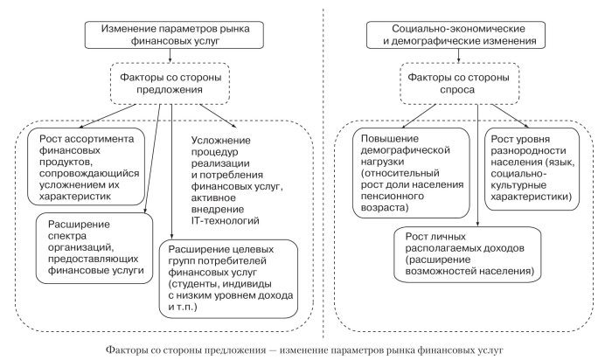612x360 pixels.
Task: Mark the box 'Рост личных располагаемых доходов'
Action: (475, 253)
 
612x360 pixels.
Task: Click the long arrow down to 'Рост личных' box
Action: (477, 166)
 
